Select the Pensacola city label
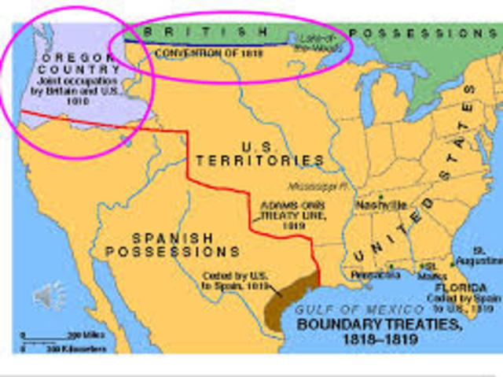(x=371, y=275)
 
